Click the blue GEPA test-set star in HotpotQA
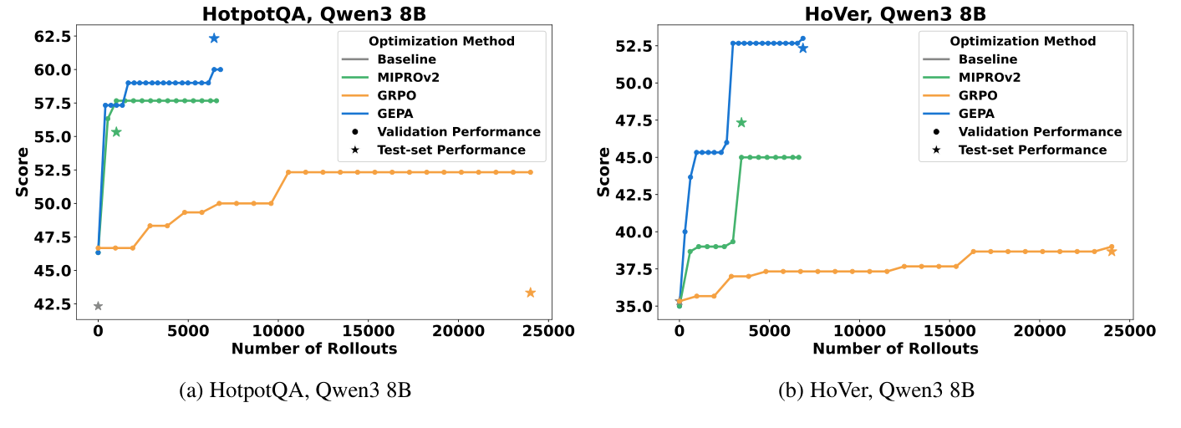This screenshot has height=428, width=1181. [x=214, y=38]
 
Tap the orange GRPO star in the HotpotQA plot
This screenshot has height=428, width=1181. [x=530, y=293]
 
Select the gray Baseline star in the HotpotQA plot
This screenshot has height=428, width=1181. [x=98, y=306]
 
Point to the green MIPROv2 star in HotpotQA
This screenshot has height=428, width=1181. [x=116, y=132]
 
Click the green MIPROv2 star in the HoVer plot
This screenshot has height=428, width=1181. [x=741, y=123]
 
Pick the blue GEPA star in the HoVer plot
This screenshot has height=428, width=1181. [x=803, y=48]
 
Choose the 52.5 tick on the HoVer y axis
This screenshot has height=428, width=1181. [x=633, y=46]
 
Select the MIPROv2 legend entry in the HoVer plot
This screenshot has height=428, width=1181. [x=990, y=78]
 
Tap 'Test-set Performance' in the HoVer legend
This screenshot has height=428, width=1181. [x=1032, y=150]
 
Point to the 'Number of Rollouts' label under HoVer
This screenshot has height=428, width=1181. [x=895, y=349]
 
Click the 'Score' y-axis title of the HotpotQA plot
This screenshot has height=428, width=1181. [x=23, y=172]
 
